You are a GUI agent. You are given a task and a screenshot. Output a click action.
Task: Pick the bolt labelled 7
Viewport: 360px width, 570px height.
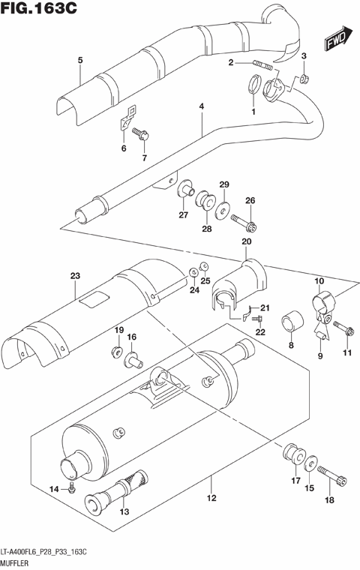point(142,135)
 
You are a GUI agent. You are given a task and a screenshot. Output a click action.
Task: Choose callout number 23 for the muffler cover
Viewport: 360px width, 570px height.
point(74,277)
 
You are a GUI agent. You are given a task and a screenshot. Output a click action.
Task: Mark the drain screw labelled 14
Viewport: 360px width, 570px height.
point(71,488)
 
